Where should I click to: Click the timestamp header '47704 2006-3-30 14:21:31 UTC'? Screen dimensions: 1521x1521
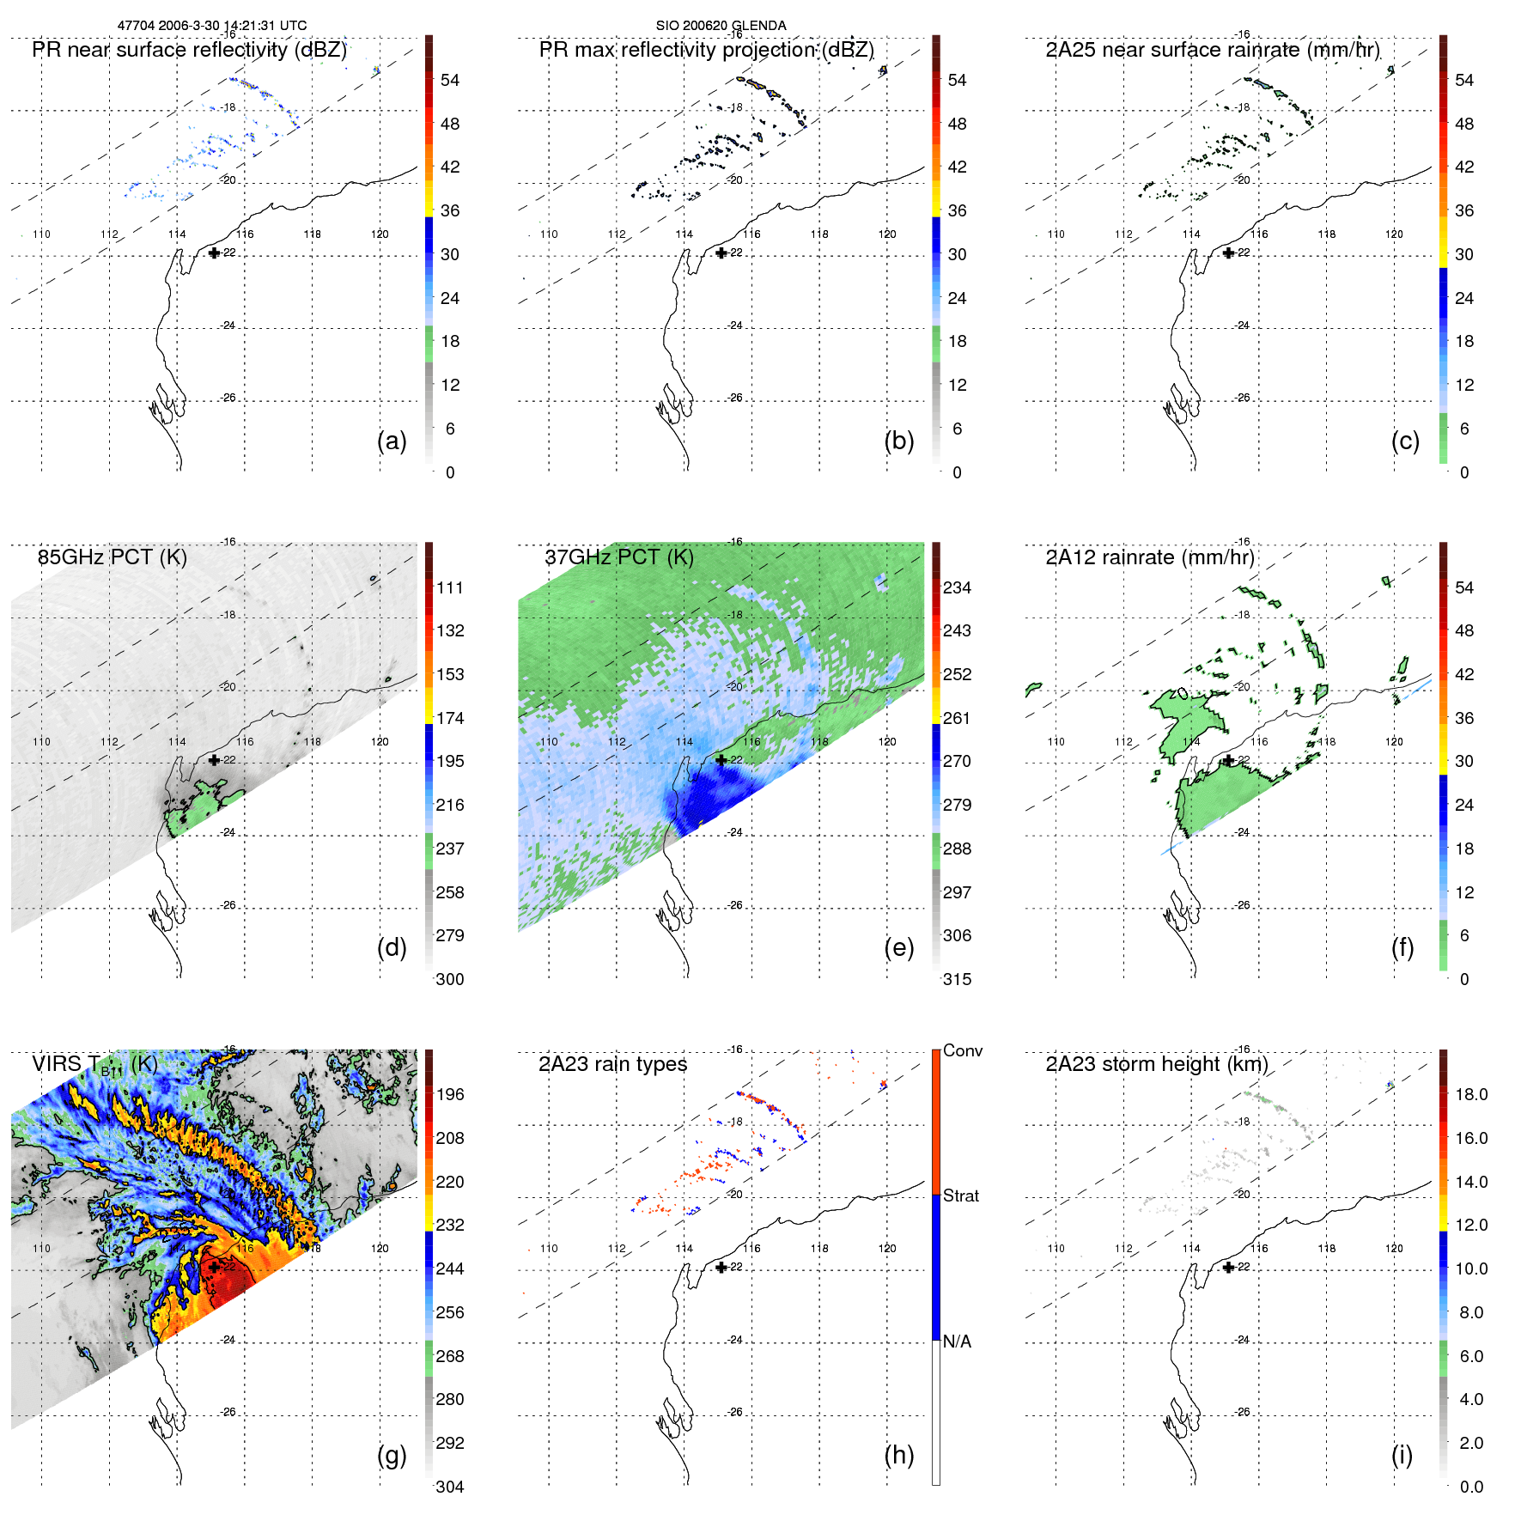[212, 26]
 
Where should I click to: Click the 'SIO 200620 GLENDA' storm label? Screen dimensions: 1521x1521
[721, 26]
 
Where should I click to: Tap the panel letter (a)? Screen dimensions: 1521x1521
[392, 441]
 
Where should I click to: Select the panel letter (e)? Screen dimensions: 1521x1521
[898, 948]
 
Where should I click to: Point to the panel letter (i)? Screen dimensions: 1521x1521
[1402, 1455]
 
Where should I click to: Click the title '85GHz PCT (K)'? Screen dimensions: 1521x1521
[113, 557]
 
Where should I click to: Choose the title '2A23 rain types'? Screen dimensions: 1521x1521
[612, 1064]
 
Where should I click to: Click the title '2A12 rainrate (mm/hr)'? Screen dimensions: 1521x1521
[1150, 557]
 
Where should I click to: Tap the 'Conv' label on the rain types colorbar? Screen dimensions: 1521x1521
[963, 1051]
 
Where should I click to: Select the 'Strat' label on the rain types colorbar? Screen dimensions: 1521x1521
[961, 1196]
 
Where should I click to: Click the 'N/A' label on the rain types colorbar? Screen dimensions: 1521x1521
[957, 1342]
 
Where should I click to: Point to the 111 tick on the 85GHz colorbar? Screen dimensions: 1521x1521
[450, 588]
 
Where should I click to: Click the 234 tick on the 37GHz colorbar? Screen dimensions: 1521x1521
[957, 588]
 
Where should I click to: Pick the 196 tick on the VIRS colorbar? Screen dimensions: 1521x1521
[450, 1095]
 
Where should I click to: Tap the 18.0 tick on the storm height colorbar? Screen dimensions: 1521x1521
[1471, 1095]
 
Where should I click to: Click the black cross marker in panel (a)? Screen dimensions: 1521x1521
[214, 253]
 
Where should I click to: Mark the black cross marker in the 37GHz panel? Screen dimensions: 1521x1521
[721, 760]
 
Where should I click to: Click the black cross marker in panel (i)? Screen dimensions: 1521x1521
[1228, 1268]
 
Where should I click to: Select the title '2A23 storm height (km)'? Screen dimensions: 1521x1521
[1157, 1064]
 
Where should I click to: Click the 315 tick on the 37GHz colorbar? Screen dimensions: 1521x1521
[957, 980]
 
